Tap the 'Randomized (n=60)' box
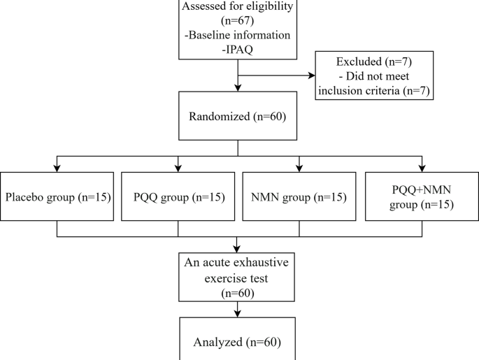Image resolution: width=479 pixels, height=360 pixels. click(x=238, y=116)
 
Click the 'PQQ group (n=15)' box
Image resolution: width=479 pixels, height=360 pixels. click(x=178, y=196)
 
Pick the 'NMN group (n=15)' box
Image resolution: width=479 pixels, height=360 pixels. click(x=299, y=196)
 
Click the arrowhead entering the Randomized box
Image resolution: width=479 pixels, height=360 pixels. click(x=238, y=89)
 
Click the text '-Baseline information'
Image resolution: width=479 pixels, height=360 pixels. click(x=238, y=34)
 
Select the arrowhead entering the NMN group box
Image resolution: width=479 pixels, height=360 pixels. click(x=299, y=168)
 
